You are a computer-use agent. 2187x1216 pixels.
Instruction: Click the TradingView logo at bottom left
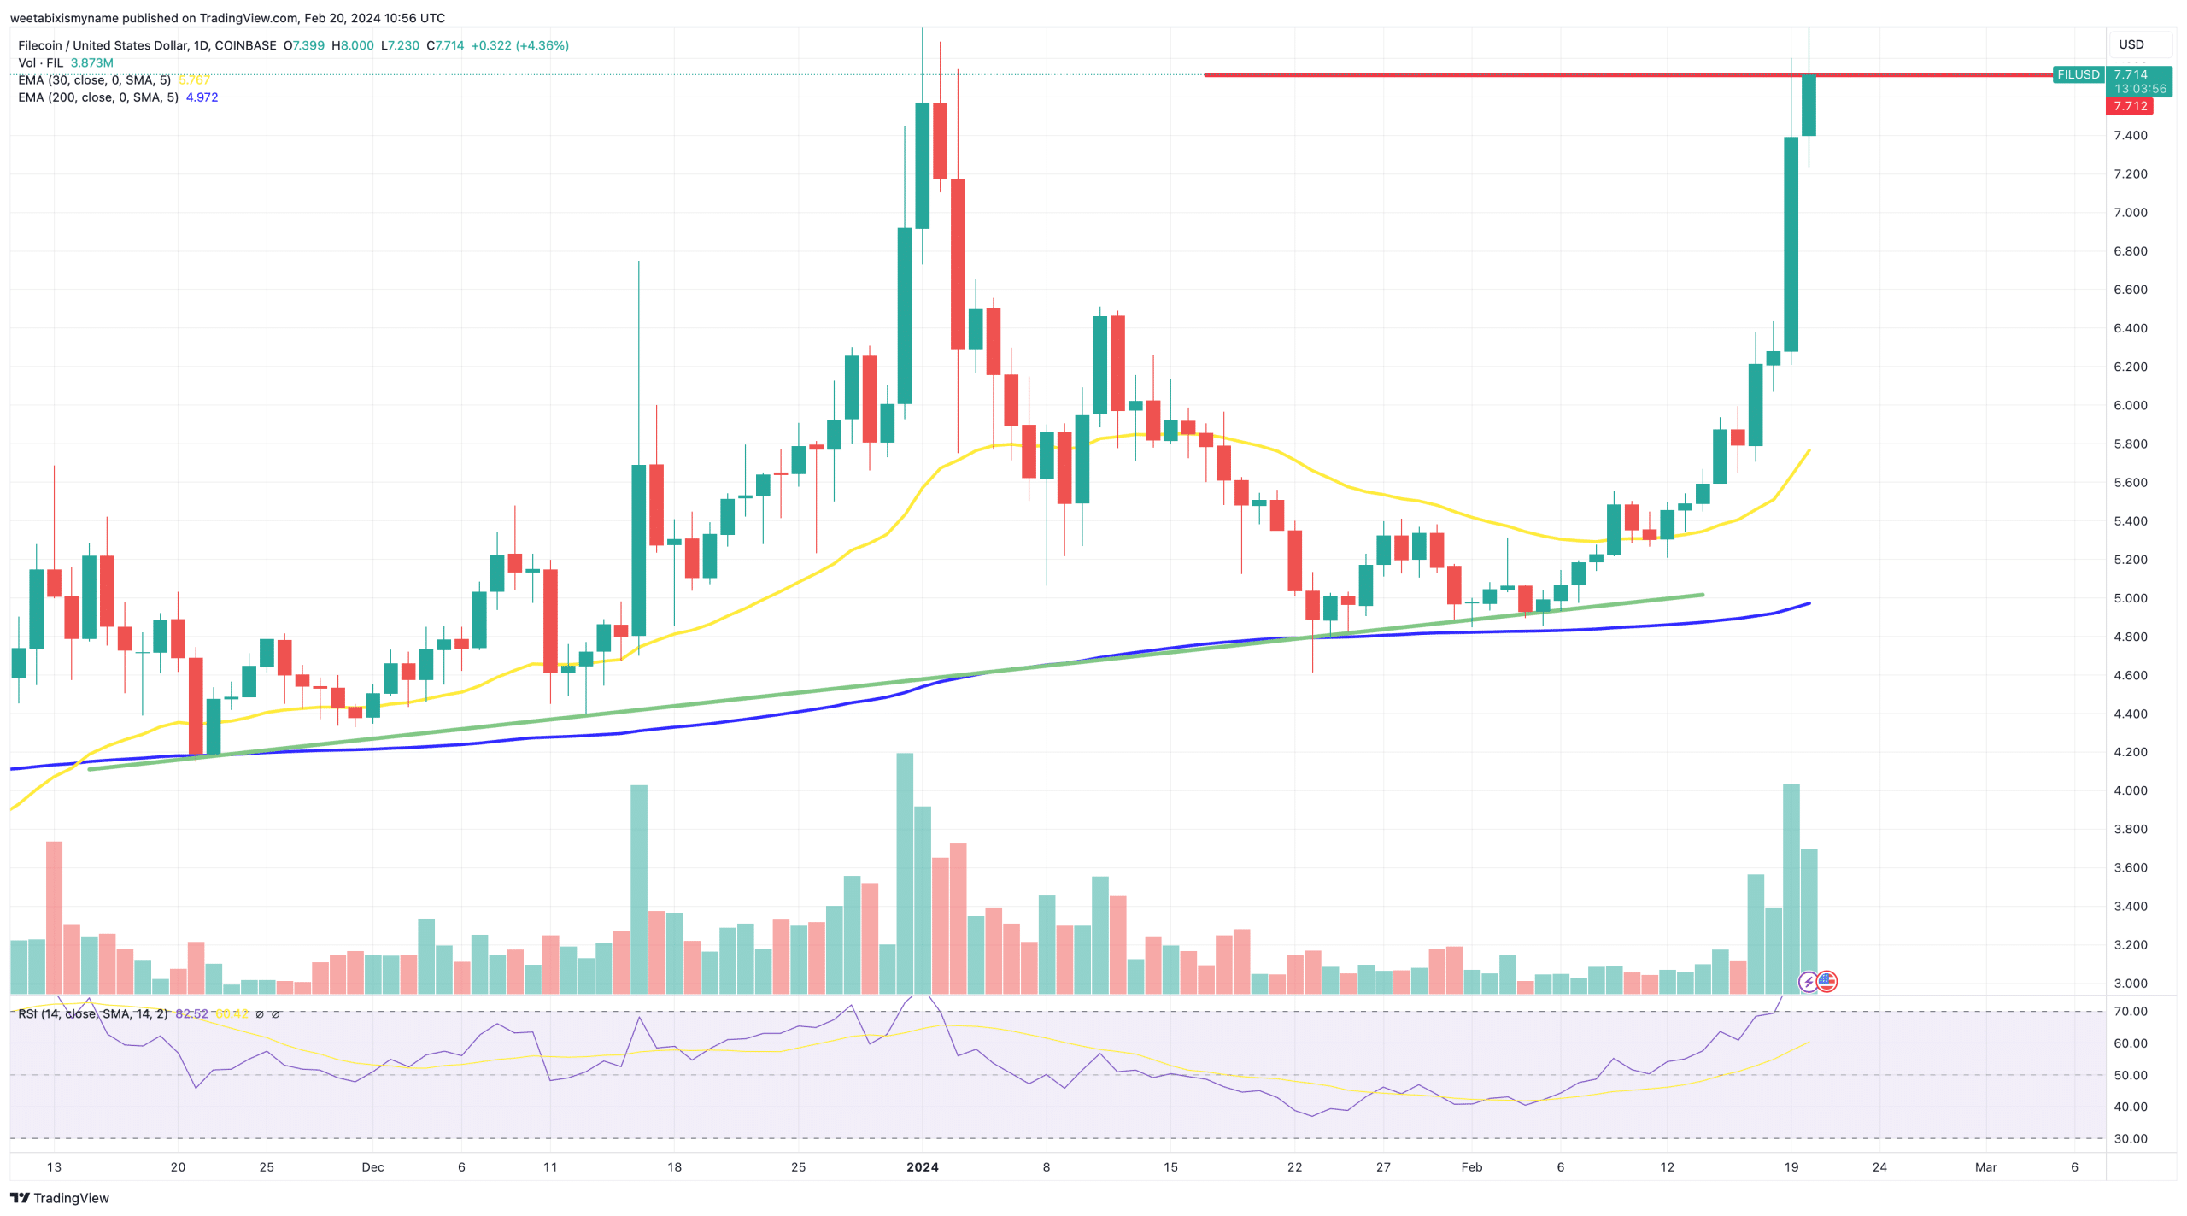[x=59, y=1198]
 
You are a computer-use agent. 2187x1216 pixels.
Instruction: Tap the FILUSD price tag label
[x=2077, y=74]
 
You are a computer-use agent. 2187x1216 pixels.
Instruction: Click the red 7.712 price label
[x=2129, y=106]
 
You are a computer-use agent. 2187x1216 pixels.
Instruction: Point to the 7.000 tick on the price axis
[x=2130, y=212]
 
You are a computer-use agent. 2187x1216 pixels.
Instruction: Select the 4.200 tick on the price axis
[x=2130, y=752]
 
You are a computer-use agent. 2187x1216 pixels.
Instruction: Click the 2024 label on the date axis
[x=922, y=1167]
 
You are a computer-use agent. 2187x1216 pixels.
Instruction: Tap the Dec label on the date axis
[x=372, y=1167]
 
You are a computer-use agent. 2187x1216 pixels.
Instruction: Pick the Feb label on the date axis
[x=1471, y=1167]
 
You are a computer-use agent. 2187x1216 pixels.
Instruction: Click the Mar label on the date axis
[x=1985, y=1167]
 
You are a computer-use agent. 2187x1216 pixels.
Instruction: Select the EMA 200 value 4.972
[x=202, y=97]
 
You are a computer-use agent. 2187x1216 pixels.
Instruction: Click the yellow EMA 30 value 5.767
[x=194, y=80]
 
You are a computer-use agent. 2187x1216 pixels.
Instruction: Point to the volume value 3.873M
[x=91, y=62]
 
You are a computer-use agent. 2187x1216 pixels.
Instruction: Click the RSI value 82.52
[x=191, y=1014]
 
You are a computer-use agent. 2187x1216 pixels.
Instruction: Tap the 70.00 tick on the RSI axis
[x=2130, y=1011]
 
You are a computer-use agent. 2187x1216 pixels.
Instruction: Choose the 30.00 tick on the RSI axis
[x=2130, y=1138]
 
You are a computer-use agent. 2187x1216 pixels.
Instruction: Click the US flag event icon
[x=1826, y=981]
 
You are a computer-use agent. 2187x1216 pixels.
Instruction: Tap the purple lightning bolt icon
[x=1808, y=982]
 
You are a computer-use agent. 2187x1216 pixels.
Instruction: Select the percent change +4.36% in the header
[x=542, y=45]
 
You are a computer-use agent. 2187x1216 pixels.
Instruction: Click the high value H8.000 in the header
[x=352, y=45]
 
